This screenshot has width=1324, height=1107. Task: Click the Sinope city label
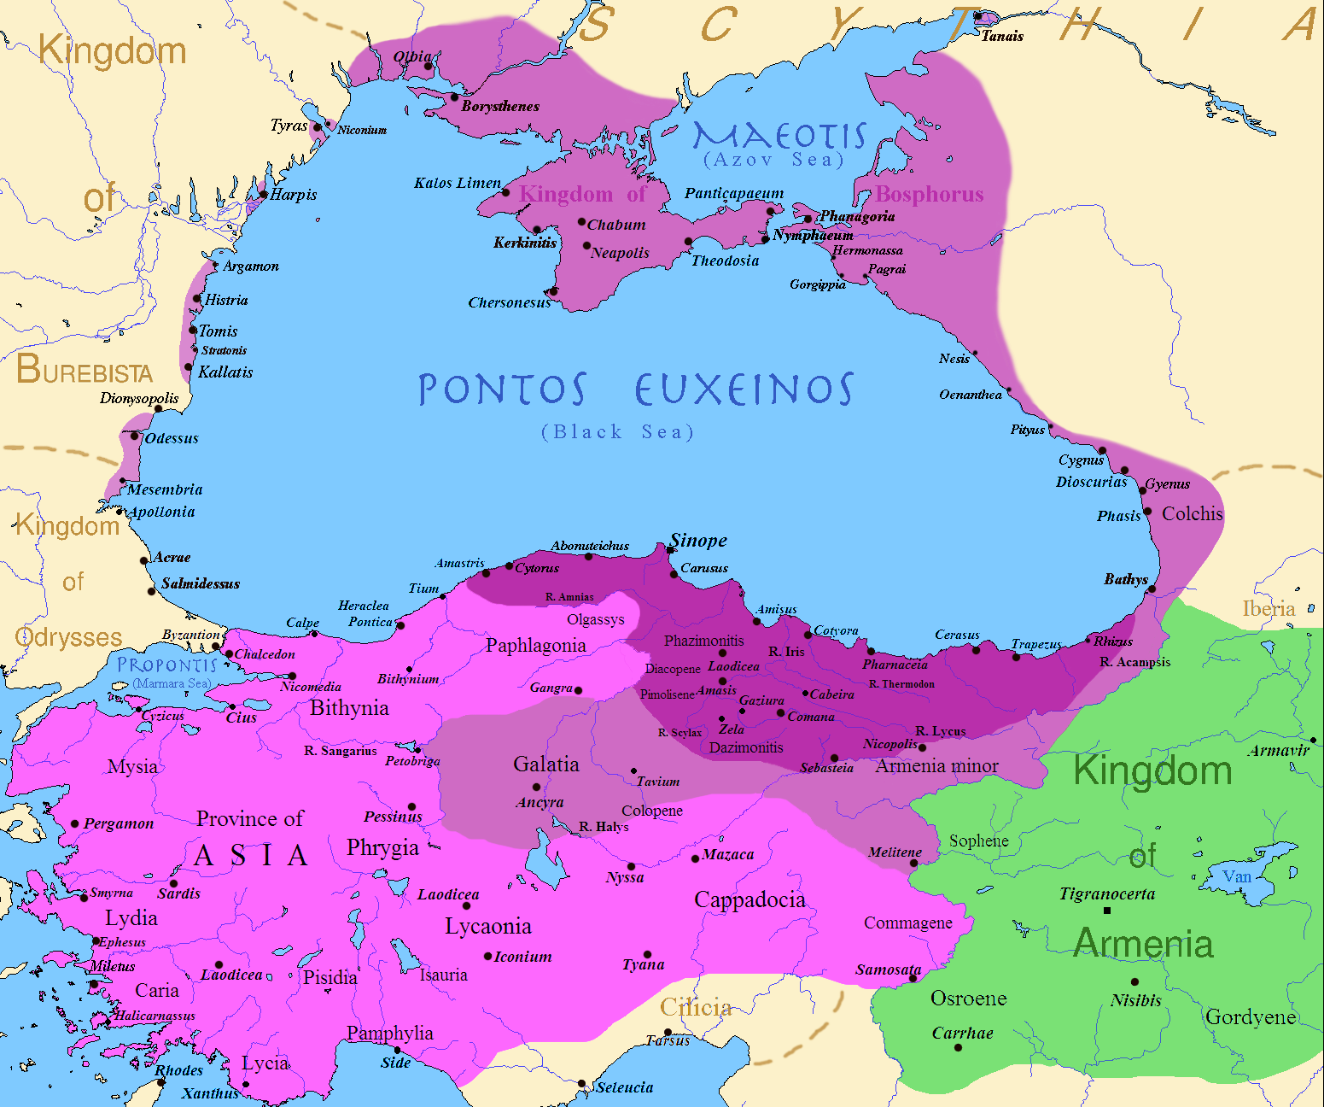coord(698,540)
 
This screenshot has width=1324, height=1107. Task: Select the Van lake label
coord(1236,876)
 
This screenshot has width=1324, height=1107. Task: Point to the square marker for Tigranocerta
coord(1107,911)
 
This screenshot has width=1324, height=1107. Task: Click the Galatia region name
coord(546,764)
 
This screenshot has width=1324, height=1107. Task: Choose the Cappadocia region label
coord(749,899)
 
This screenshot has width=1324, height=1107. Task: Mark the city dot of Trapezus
coord(1016,657)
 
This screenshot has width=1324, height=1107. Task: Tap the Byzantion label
coord(191,635)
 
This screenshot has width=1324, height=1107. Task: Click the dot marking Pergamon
coord(75,824)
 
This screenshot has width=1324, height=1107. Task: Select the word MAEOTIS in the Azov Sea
coord(779,136)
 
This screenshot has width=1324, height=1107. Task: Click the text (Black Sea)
coord(618,432)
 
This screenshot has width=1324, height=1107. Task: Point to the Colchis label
coord(1193,513)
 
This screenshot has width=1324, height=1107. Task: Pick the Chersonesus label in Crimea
coord(510,302)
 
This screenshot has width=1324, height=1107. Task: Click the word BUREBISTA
coord(85,370)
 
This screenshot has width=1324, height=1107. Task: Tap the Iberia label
coord(1269,608)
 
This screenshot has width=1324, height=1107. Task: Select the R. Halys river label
coord(604,826)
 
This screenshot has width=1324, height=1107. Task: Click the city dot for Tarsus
coord(668,1033)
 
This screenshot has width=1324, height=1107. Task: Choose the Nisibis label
coord(1136,1000)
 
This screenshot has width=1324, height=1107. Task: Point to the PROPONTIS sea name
coord(167,665)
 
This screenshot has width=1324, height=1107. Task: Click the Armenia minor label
coord(936,766)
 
